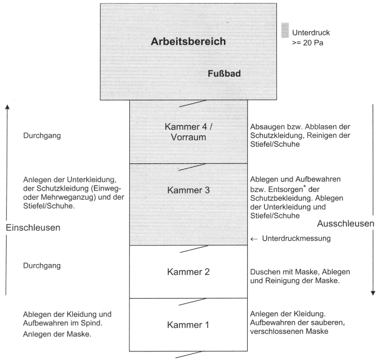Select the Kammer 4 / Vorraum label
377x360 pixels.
coord(188,131)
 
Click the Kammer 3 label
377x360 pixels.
coord(188,190)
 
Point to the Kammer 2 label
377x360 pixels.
coord(188,271)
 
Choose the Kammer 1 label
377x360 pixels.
coord(188,324)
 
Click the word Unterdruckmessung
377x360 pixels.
coord(296,239)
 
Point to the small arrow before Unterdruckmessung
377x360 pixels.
coord(254,239)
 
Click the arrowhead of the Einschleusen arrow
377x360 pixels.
coord(7,107)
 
